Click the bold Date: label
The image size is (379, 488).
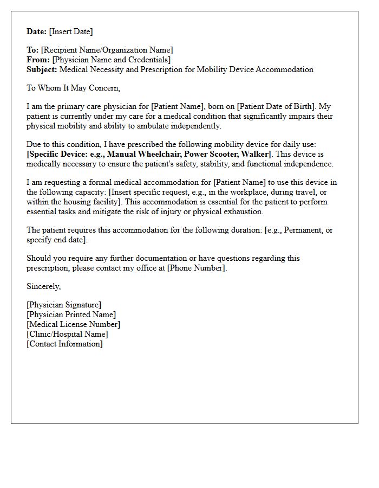[37, 31]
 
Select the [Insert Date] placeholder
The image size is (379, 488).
[71, 31]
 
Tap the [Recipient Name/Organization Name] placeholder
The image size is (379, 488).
[107, 50]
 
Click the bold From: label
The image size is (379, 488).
[38, 60]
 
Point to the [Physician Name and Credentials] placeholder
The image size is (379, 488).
[112, 60]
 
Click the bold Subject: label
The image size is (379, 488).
[42, 69]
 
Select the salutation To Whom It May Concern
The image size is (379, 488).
[73, 88]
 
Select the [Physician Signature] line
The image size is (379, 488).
[64, 305]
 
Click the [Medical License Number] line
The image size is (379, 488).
[73, 324]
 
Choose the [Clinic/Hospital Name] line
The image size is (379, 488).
[67, 334]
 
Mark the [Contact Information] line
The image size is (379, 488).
[64, 344]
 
